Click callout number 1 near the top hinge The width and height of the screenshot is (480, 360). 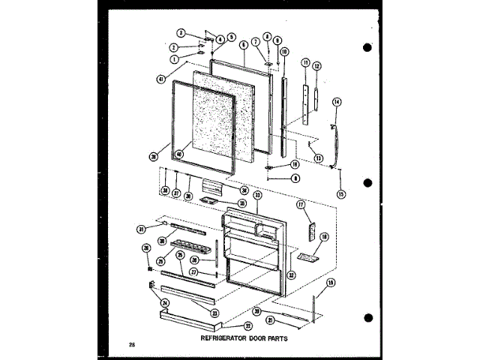point(173,58)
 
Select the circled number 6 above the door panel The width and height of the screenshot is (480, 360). point(244,45)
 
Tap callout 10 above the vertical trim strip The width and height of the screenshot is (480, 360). point(285,52)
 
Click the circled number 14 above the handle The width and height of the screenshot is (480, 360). point(337,101)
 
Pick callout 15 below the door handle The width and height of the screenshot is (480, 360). point(340,195)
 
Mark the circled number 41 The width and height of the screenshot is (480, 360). point(161,79)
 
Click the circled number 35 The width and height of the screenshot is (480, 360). point(241,202)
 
